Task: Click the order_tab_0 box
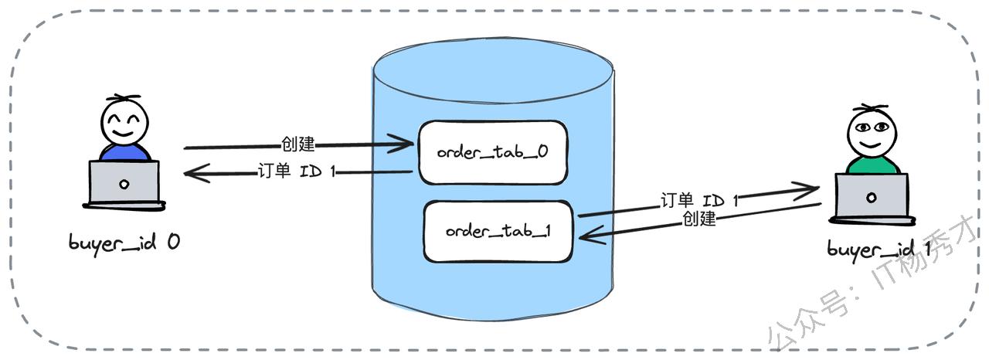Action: [x=492, y=152]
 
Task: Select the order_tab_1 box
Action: [x=498, y=231]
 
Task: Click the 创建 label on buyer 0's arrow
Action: [x=298, y=144]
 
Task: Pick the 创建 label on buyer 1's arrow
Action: [x=699, y=219]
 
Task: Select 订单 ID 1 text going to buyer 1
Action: [x=699, y=201]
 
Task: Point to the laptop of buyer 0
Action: [x=124, y=184]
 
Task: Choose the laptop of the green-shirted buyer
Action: [x=872, y=196]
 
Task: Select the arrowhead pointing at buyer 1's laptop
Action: [x=811, y=188]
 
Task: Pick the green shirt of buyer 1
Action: [x=872, y=165]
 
